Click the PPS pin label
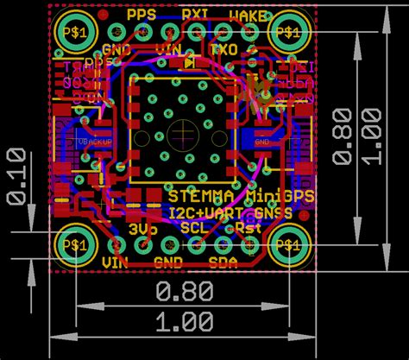point(142,14)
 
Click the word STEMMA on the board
point(201,197)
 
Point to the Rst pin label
point(248,230)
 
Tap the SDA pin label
point(223,262)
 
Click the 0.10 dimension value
point(15,176)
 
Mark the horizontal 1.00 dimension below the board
point(186,322)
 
